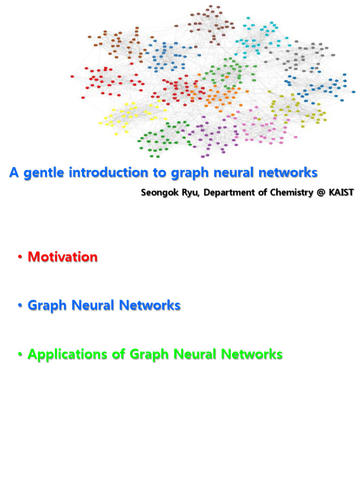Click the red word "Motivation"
[x=63, y=257]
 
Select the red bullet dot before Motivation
[x=20, y=257]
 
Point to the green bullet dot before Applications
[x=20, y=355]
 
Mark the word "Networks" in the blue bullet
[x=150, y=306]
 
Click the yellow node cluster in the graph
[x=124, y=117]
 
